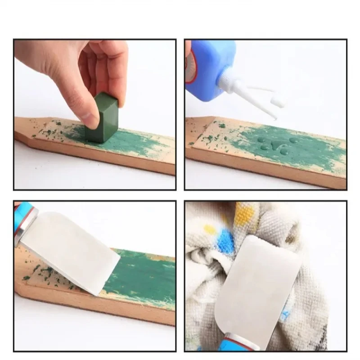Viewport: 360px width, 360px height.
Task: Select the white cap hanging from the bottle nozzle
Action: [x=279, y=101]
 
